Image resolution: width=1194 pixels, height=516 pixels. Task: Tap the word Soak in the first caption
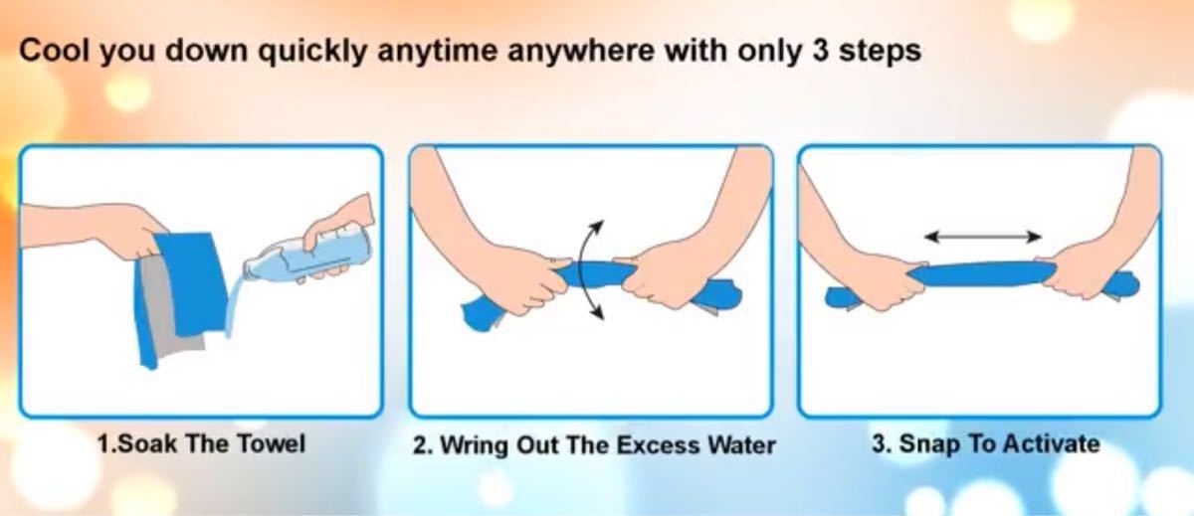coord(147,443)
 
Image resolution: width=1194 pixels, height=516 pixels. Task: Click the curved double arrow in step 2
coord(591,270)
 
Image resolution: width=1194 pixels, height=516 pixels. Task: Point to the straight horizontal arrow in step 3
coord(982,237)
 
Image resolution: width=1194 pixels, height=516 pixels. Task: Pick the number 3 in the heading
coord(820,51)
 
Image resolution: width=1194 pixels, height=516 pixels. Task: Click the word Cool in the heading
coord(54,51)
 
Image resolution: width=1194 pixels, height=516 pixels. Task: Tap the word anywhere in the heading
coord(580,52)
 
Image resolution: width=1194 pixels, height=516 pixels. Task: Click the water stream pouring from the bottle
coord(234,304)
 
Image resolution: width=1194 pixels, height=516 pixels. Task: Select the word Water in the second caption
coord(741,445)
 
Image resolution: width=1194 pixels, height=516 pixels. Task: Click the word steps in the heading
coord(880,52)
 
